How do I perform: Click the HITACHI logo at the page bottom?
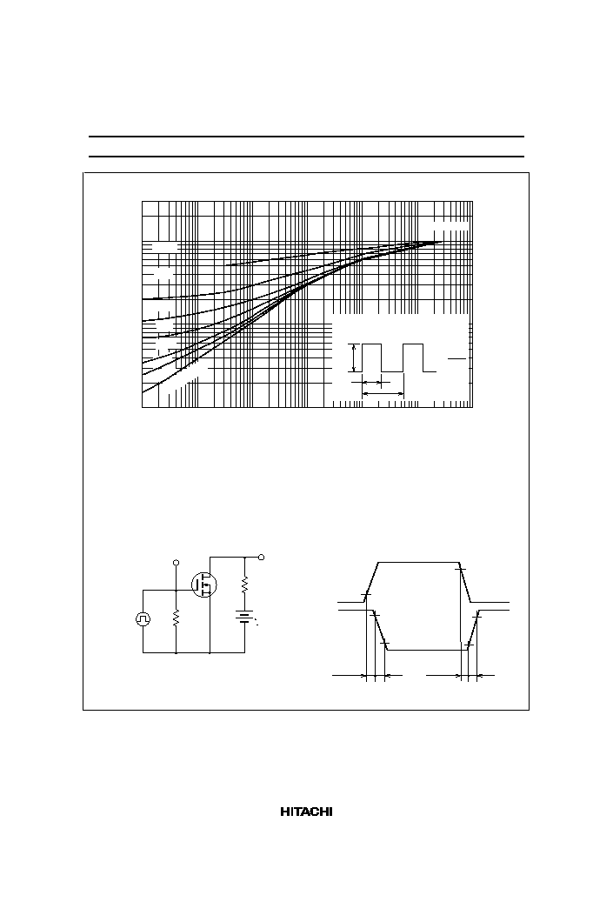click(x=305, y=812)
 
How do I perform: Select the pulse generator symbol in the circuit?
click(x=143, y=618)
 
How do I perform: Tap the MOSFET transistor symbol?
click(x=204, y=584)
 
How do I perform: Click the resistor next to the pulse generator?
click(x=177, y=618)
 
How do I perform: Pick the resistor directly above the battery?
click(x=244, y=585)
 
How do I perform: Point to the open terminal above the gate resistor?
click(x=176, y=563)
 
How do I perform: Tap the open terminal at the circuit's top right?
click(x=261, y=557)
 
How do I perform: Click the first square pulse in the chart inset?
click(x=371, y=357)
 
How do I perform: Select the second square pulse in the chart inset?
click(x=413, y=357)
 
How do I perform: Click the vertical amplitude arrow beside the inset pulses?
click(x=354, y=357)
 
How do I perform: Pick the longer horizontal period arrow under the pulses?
click(x=383, y=392)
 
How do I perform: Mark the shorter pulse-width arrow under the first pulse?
click(x=371, y=383)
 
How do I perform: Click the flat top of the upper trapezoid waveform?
click(x=416, y=563)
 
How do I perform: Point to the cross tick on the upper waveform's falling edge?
click(x=462, y=569)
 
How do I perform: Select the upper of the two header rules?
click(x=306, y=137)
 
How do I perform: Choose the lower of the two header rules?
click(x=306, y=157)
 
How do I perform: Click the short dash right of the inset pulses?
click(x=457, y=358)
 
